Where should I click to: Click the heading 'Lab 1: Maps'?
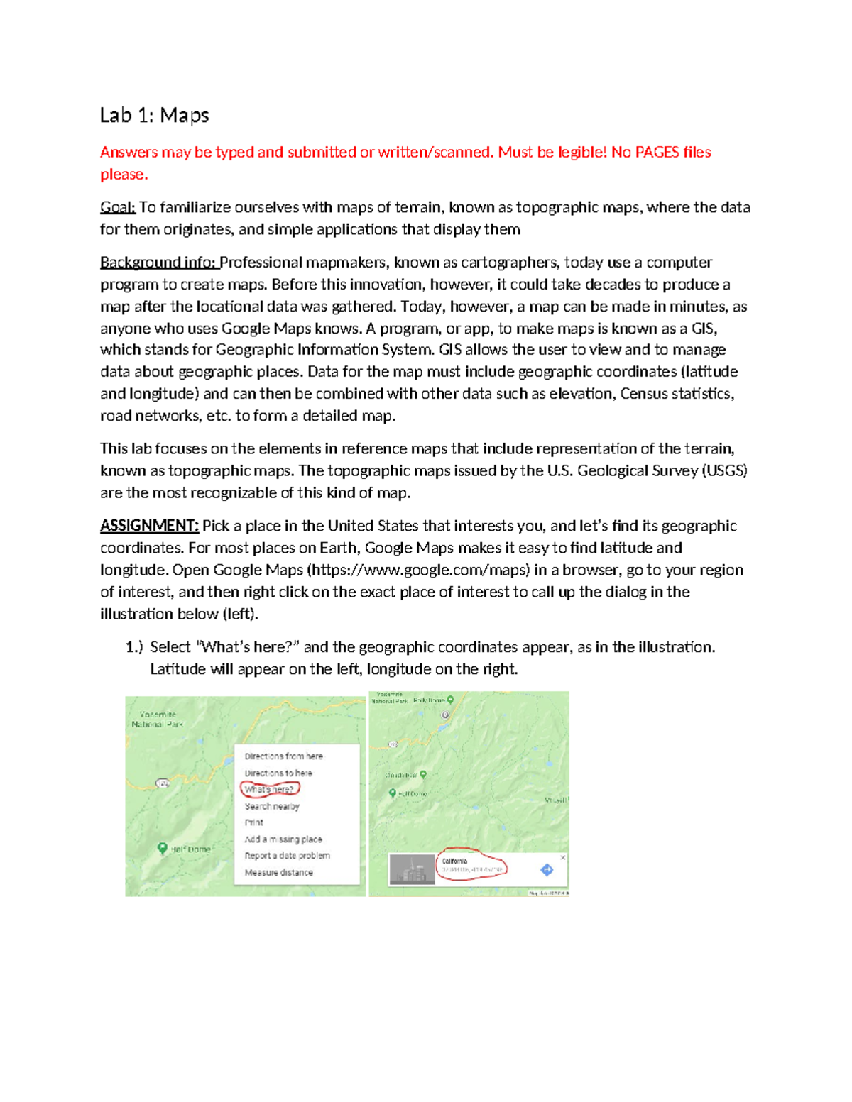coord(154,115)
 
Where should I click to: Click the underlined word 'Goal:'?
coord(118,207)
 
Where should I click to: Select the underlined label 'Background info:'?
coord(158,263)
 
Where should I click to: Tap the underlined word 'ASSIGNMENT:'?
coord(149,526)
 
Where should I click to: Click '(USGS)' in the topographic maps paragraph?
coord(724,470)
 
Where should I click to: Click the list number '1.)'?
coord(134,647)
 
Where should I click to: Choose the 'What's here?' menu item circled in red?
coord(269,789)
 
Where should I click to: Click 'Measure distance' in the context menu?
coord(278,872)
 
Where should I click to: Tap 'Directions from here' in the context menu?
coord(283,756)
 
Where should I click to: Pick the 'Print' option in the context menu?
coord(253,822)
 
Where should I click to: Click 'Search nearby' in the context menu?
coord(272,806)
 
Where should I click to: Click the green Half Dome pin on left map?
coord(163,848)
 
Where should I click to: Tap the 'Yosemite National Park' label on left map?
coord(158,720)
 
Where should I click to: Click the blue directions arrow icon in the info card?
coord(547,869)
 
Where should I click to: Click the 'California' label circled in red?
coord(455,861)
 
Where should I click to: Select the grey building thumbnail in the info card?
coord(412,870)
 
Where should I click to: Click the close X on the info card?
coord(563,857)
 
